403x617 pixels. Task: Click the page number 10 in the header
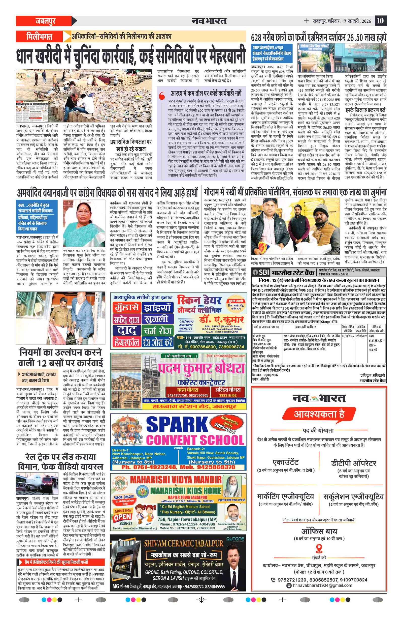(380, 21)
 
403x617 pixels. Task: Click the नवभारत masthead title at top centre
(209, 21)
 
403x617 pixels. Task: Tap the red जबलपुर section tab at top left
(46, 21)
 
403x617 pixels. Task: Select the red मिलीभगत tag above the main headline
(39, 37)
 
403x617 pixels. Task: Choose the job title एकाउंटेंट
(286, 462)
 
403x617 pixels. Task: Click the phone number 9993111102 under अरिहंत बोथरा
(228, 395)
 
